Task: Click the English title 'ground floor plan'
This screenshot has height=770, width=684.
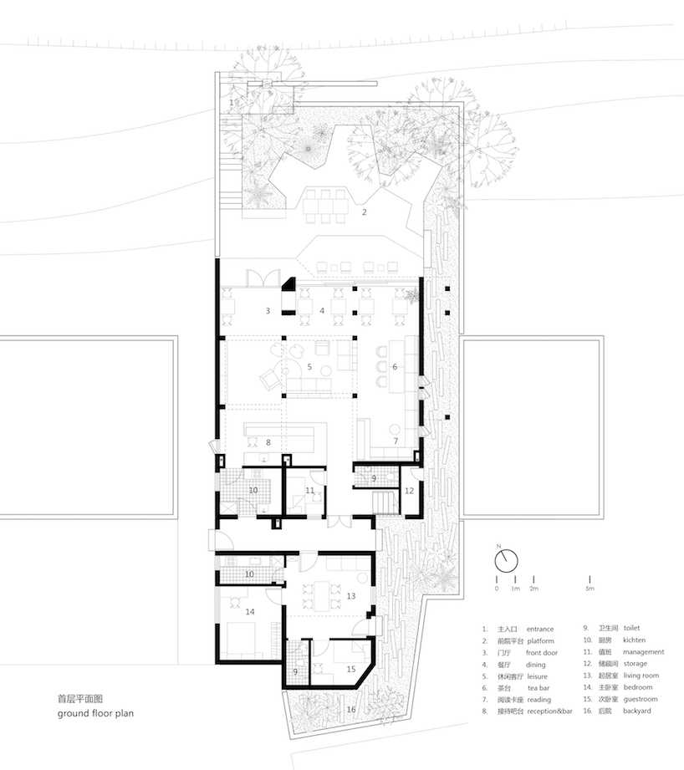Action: (x=95, y=713)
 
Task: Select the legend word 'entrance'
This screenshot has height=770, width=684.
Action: (x=539, y=629)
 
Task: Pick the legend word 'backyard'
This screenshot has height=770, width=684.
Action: (x=637, y=711)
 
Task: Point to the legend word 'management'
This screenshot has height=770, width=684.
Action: (x=643, y=652)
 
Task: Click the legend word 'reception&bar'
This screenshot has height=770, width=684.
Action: (x=549, y=711)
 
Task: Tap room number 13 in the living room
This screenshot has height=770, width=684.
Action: (x=350, y=596)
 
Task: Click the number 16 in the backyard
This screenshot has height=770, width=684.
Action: (x=351, y=710)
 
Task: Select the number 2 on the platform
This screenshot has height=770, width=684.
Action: (x=365, y=212)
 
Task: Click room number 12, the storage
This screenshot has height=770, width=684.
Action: (x=409, y=491)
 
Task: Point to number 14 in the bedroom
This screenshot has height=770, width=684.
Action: (x=250, y=612)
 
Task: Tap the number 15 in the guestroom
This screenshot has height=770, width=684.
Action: (x=350, y=670)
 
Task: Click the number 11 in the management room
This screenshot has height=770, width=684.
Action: (x=309, y=491)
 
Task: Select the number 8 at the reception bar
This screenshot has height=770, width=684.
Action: (x=268, y=442)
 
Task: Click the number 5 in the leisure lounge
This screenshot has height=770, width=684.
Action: (x=309, y=367)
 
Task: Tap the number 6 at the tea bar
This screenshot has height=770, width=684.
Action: (x=395, y=367)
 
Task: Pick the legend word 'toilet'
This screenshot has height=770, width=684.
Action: (x=631, y=628)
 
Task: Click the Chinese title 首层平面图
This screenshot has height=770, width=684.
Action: (x=80, y=699)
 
